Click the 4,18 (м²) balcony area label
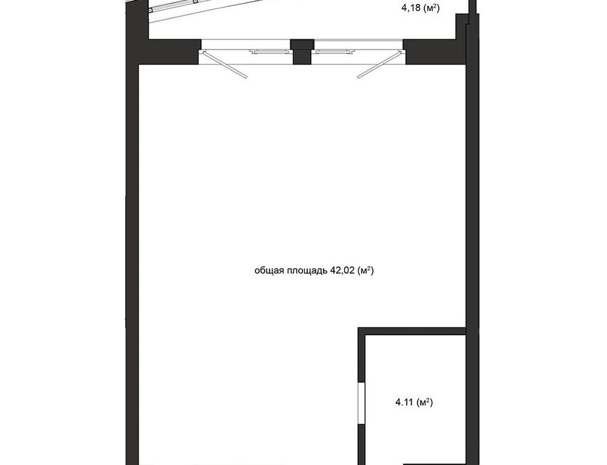[x=421, y=8]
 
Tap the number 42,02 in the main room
[x=342, y=271]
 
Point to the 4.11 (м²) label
[x=414, y=402]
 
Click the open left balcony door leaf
[x=224, y=65]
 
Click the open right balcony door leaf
[x=378, y=65]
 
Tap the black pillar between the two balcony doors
[x=302, y=52]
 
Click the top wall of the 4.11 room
[x=411, y=331]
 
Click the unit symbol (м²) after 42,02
[x=365, y=271]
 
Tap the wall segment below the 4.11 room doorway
[x=362, y=444]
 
